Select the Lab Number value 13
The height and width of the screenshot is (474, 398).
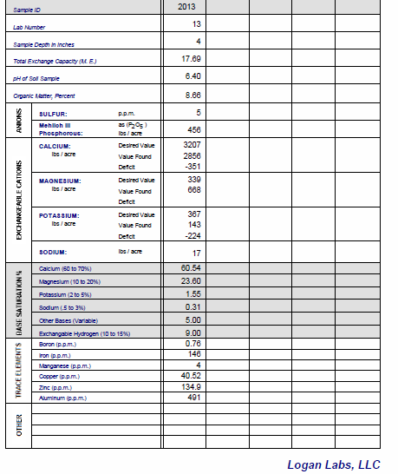tap(196, 24)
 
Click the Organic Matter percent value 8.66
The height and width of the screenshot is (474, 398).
tap(193, 95)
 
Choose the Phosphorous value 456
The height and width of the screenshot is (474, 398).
tap(194, 129)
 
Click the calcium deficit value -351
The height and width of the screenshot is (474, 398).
tap(192, 167)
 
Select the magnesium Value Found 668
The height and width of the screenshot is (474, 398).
tap(194, 190)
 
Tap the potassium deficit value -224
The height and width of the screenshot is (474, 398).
tap(192, 235)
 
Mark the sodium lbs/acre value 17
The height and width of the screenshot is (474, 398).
tap(196, 253)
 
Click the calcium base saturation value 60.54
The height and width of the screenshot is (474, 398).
tap(191, 268)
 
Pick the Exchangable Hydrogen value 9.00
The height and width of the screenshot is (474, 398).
tap(192, 332)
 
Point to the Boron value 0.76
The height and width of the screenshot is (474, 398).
tap(193, 344)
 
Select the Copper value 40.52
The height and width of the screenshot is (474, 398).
tap(191, 376)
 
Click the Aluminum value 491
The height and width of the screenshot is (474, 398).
tap(194, 398)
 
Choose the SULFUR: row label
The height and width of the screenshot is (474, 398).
tap(54, 113)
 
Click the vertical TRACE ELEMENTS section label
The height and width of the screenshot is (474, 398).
tap(18, 371)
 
